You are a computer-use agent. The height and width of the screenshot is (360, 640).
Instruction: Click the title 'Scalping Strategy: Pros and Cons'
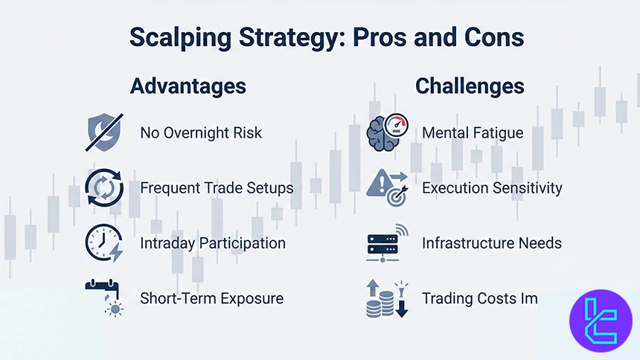click(326, 38)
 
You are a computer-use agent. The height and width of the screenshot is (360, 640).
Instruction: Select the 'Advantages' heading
click(188, 86)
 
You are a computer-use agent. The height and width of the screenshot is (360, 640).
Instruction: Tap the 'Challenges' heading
click(470, 86)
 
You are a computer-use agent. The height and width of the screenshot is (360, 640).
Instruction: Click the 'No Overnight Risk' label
click(201, 133)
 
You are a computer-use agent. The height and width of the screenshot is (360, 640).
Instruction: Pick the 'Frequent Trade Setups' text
click(217, 188)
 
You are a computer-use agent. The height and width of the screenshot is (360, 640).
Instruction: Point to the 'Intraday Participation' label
click(212, 243)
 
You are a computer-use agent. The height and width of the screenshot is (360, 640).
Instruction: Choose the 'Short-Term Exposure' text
click(211, 298)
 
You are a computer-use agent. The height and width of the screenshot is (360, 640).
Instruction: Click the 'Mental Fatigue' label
click(473, 133)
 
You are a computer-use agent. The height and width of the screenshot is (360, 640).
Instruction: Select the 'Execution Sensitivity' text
click(492, 188)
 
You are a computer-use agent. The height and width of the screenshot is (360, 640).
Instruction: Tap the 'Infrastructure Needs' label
click(492, 243)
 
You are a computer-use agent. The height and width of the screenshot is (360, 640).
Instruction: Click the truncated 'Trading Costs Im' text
click(480, 298)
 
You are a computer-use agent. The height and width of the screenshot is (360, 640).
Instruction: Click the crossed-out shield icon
click(103, 134)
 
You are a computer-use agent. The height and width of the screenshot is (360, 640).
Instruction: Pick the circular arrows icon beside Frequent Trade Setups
click(103, 189)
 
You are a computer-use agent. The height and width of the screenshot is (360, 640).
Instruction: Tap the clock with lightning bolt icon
click(103, 244)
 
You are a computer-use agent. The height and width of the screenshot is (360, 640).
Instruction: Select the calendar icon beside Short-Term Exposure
click(103, 298)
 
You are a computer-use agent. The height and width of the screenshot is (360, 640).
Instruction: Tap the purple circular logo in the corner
click(600, 321)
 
